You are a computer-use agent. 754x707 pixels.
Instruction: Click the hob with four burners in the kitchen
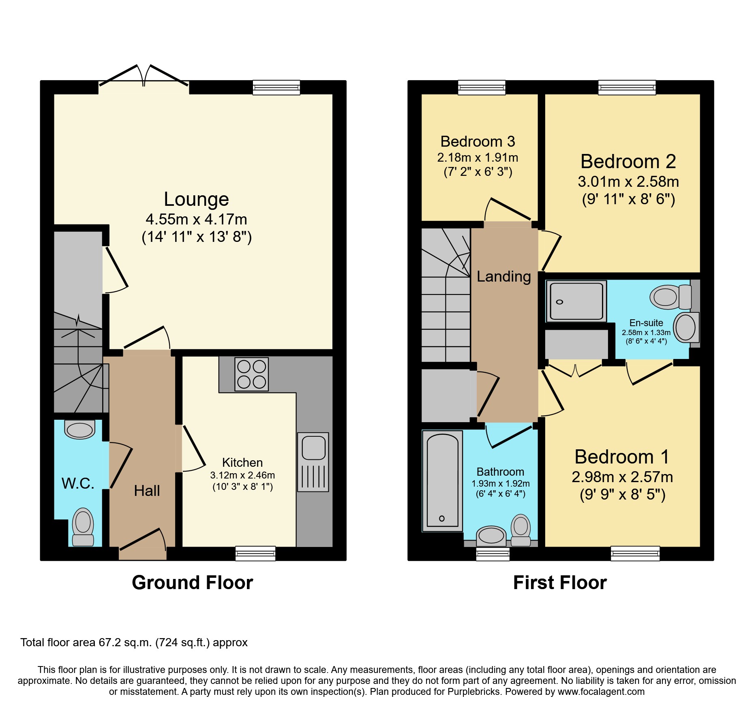pos(251,374)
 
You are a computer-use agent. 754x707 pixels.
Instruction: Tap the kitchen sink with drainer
pos(313,462)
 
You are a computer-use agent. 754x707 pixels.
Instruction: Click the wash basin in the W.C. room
pos(80,430)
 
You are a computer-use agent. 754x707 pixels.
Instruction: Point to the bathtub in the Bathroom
pos(442,481)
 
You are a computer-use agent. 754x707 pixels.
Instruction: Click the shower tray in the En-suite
pos(576,301)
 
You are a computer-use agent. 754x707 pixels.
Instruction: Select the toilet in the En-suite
pos(671,297)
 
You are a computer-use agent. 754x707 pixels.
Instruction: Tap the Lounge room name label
pos(196,199)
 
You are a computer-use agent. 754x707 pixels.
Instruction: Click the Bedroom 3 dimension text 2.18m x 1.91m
pos(478,158)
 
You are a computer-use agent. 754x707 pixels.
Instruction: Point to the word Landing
pos(503,276)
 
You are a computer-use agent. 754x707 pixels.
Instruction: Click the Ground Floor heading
pos(192,583)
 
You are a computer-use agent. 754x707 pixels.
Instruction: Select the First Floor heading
pos(559,583)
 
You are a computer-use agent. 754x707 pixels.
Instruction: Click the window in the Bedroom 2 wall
pos(627,87)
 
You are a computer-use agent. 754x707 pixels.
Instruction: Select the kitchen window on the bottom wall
pos(255,553)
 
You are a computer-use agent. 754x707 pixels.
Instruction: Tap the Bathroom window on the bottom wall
pos(493,553)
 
